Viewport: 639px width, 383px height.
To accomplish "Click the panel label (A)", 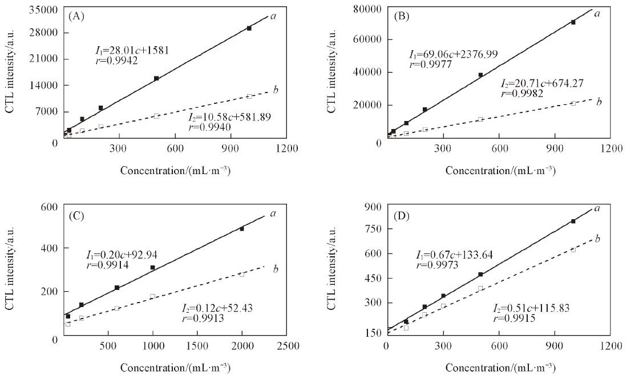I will (x=76, y=16).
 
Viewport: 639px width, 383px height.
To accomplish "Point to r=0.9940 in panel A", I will (x=209, y=127).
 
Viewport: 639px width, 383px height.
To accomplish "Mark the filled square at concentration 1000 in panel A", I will (x=249, y=28).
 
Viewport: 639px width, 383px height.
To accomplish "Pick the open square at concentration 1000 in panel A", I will (x=249, y=96).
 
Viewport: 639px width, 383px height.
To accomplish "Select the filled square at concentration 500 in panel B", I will (x=480, y=75).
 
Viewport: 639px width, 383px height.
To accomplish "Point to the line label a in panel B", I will (x=597, y=13).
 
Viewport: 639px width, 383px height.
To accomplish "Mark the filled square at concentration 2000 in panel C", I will (x=242, y=228).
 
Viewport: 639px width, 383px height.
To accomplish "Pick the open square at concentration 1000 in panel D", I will (x=573, y=249).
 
